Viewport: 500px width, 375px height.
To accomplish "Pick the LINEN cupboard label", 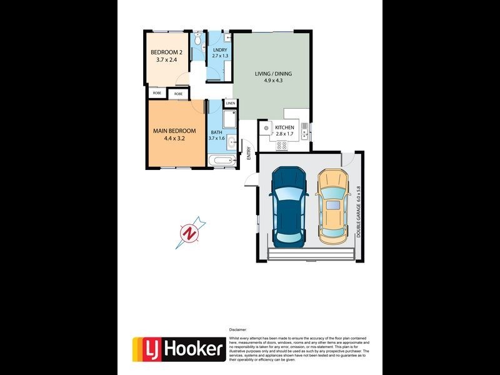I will (x=231, y=103).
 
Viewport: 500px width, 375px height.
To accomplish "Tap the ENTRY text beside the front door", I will (x=249, y=153).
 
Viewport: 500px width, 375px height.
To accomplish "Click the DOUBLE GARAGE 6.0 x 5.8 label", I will (x=359, y=211).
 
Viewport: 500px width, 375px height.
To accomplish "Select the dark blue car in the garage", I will (x=288, y=205).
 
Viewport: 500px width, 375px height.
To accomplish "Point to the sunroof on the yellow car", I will (x=331, y=205).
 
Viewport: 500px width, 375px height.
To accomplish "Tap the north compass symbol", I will (x=190, y=233).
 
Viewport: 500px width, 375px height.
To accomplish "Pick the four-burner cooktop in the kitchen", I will (x=282, y=146).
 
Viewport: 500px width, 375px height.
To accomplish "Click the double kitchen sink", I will (x=304, y=131).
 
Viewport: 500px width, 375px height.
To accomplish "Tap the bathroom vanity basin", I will (x=231, y=141).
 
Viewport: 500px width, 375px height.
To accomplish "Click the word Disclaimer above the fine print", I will (x=239, y=329).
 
